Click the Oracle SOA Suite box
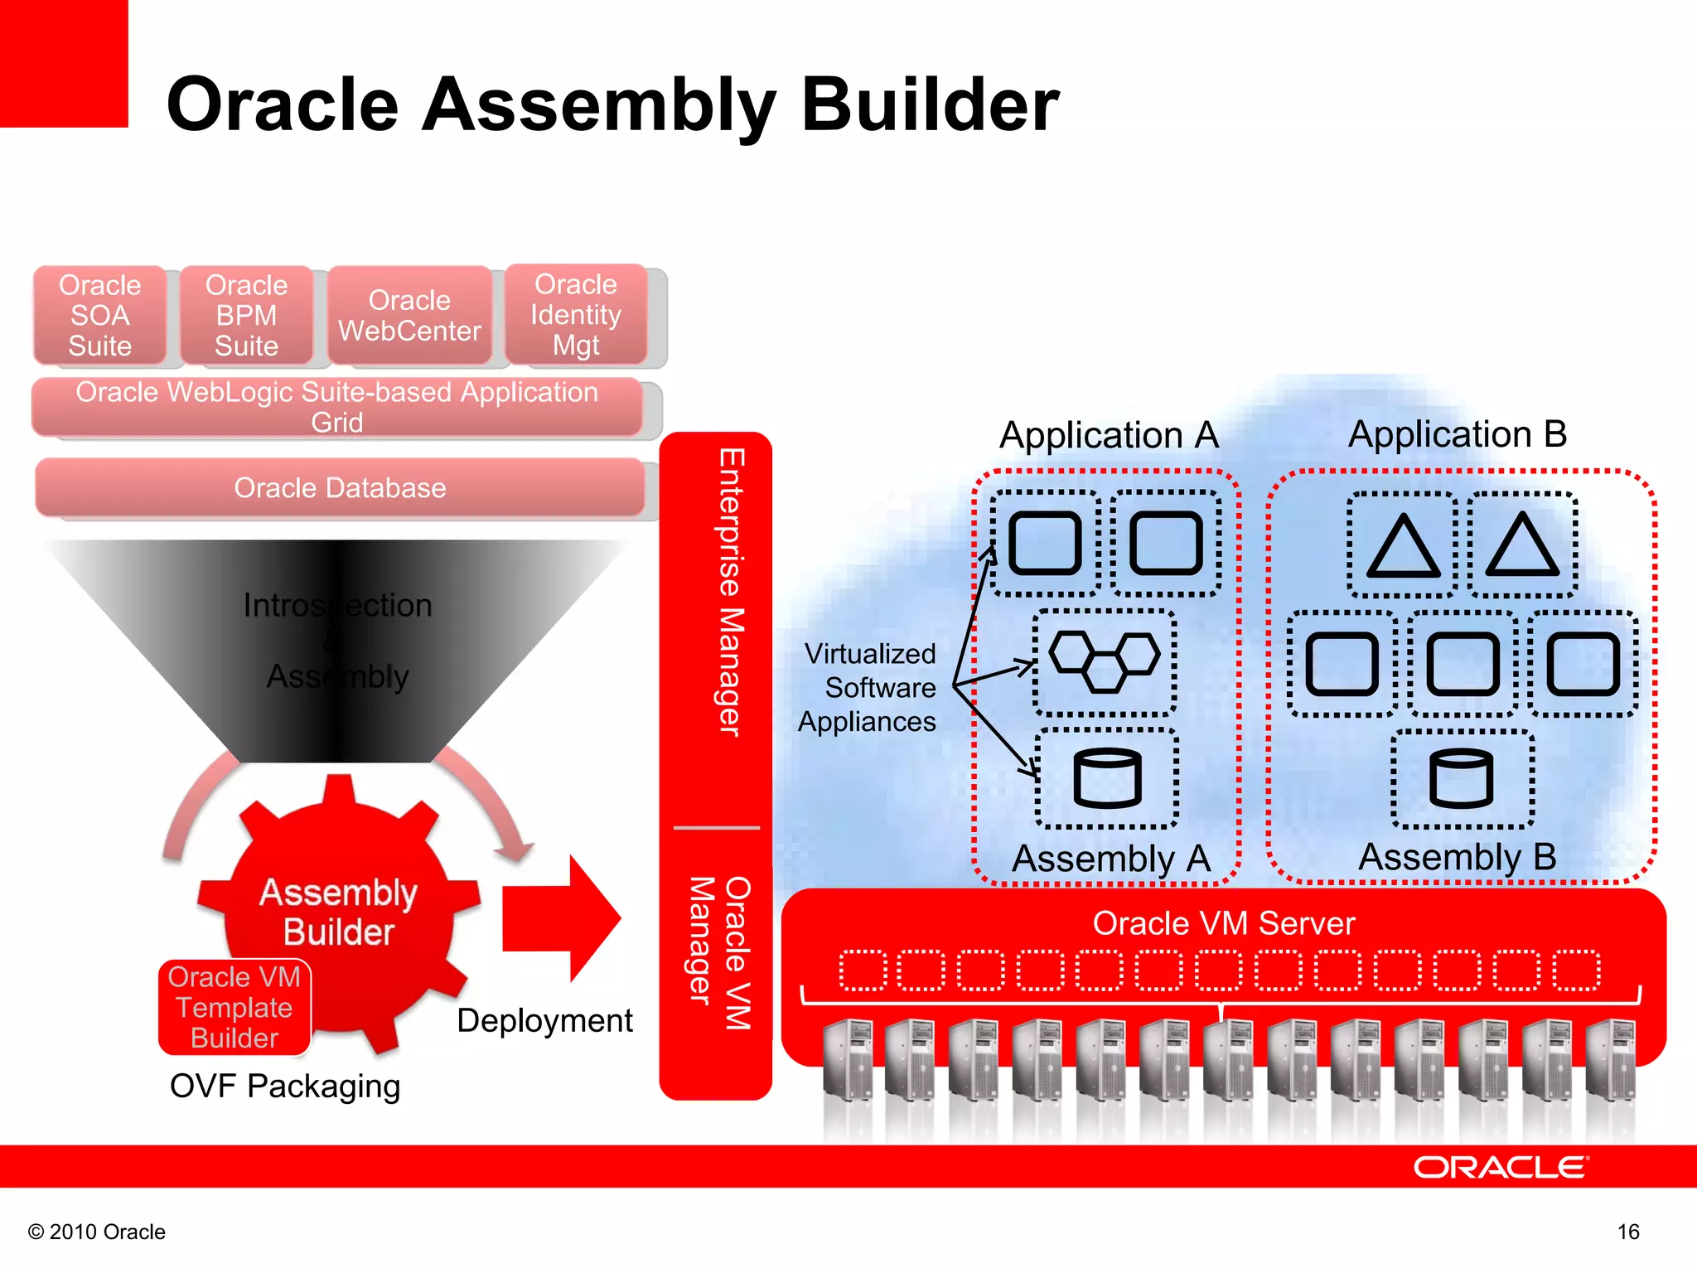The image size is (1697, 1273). [x=99, y=315]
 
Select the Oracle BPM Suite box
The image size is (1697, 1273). [x=246, y=315]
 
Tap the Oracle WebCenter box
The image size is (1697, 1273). [x=409, y=315]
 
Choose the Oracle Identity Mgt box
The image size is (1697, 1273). [x=576, y=314]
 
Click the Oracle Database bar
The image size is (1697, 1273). [x=340, y=487]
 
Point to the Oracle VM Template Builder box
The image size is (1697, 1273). [x=234, y=1007]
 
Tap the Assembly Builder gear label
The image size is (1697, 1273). [x=339, y=912]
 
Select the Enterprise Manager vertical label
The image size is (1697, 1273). [x=730, y=592]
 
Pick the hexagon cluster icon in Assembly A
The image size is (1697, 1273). [x=1105, y=661]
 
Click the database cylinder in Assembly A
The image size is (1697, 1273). [x=1107, y=778]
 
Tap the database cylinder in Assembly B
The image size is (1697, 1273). [x=1462, y=778]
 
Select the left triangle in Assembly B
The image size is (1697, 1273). [x=1403, y=546]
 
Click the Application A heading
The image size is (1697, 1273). [x=1109, y=435]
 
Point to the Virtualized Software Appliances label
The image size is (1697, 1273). [x=868, y=687]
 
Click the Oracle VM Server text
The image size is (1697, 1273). [x=1223, y=922]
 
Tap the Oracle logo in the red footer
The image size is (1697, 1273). [x=1500, y=1167]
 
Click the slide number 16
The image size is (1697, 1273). [x=1627, y=1232]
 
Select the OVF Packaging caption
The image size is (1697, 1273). [x=284, y=1086]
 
